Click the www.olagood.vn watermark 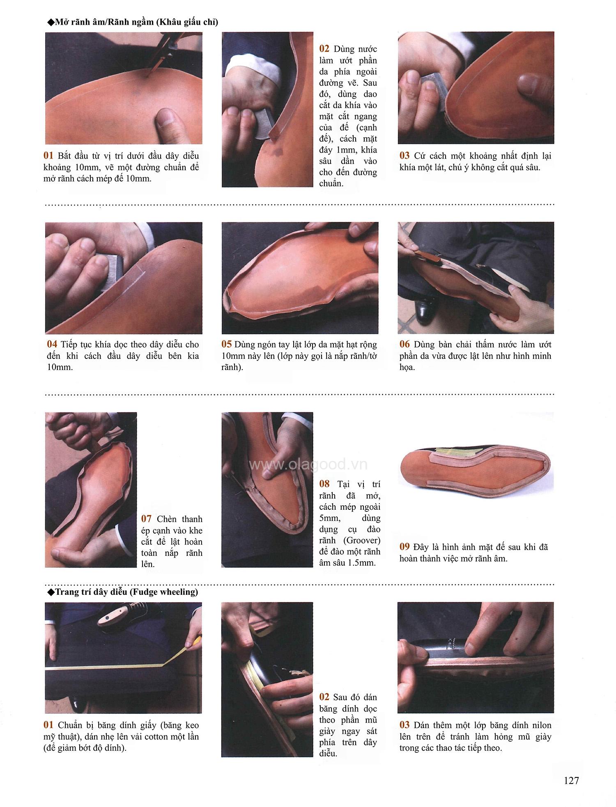click(308, 465)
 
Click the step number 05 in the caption click(226, 345)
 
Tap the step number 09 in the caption click(405, 547)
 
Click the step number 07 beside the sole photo click(146, 519)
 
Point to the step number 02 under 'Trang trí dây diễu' click(324, 697)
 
